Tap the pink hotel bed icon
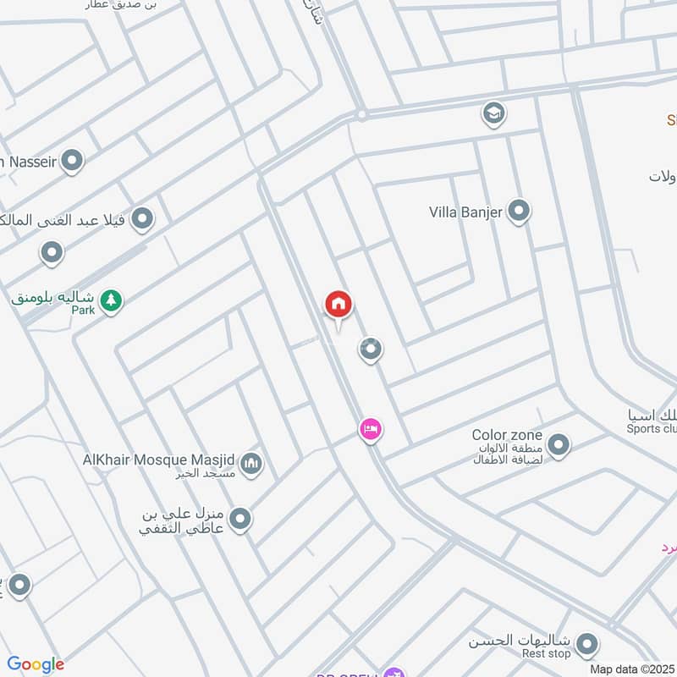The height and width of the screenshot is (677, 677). coord(370,430)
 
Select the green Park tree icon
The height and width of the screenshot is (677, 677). coord(111,300)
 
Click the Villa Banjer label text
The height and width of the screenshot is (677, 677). coord(465,211)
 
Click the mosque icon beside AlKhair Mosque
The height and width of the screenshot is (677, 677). coord(251,464)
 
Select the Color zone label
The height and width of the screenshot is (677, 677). coord(507,435)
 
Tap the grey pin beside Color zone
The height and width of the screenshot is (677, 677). coord(558,443)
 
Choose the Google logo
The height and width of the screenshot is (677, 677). coord(36,664)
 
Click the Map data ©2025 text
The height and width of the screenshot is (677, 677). coord(632,669)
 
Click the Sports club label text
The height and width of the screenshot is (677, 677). coord(652,429)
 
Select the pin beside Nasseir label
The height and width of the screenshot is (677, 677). coord(73,160)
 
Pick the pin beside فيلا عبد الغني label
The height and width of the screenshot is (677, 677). coord(142,220)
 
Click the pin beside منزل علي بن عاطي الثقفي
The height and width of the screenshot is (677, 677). coord(240,518)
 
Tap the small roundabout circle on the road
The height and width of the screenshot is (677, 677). coord(361,114)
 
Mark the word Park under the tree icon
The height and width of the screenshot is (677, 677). coord(83,311)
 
